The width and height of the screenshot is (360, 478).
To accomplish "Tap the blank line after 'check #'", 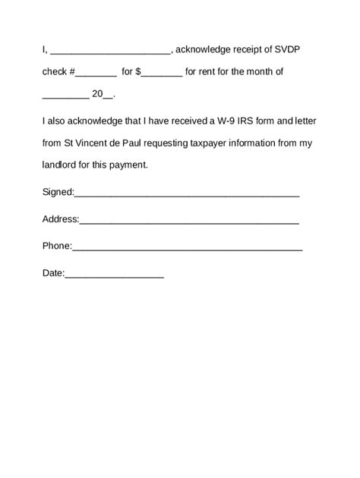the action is pyautogui.click(x=96, y=74).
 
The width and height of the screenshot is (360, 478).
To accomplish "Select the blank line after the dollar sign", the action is pyautogui.click(x=162, y=74).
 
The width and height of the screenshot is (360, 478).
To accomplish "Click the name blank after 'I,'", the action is pyautogui.click(x=111, y=52).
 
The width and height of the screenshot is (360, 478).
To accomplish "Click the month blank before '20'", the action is pyautogui.click(x=65, y=96).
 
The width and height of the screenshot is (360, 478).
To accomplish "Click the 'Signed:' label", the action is pyautogui.click(x=58, y=192).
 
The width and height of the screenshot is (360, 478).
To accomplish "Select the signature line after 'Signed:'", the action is pyautogui.click(x=187, y=194).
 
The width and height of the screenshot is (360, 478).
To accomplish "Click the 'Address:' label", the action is pyautogui.click(x=60, y=219).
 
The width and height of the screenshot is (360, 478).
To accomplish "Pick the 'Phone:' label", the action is pyautogui.click(x=57, y=246).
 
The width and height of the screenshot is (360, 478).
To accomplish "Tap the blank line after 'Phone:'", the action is pyautogui.click(x=188, y=248).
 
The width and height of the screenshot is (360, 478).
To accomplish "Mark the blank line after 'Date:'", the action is pyautogui.click(x=115, y=275).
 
